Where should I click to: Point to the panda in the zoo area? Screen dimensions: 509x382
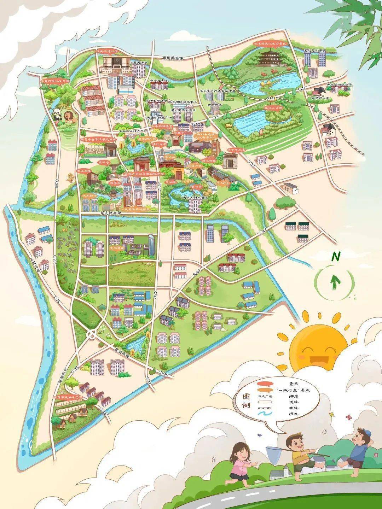coord(57,113)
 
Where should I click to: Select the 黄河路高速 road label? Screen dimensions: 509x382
coord(173,58)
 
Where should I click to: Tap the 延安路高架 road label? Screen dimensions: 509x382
coord(111,213)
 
